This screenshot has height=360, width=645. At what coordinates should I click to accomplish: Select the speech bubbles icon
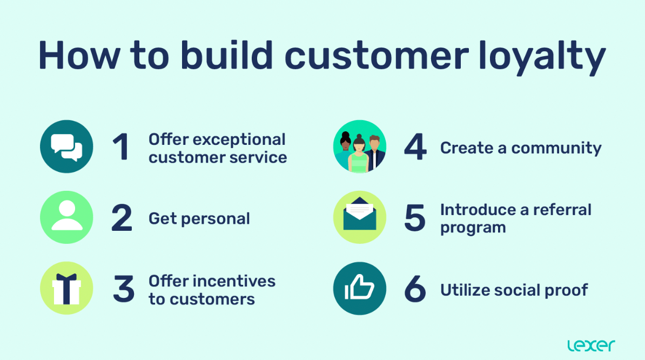click(x=66, y=146)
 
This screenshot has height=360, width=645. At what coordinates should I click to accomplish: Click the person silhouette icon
click(x=66, y=217)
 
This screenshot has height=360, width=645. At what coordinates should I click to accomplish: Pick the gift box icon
click(x=66, y=289)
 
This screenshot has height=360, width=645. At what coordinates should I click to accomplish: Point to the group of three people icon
click(x=359, y=147)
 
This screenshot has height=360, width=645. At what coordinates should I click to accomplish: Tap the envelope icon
click(x=359, y=217)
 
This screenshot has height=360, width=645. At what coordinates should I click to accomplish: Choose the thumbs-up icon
click(x=359, y=289)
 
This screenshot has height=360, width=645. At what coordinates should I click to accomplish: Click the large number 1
click(x=122, y=147)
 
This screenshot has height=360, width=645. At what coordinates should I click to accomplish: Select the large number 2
click(x=122, y=218)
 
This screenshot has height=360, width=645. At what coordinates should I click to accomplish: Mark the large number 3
click(x=123, y=289)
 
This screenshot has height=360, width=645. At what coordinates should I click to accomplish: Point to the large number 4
click(x=415, y=147)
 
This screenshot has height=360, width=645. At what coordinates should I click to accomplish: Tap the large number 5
click(x=415, y=218)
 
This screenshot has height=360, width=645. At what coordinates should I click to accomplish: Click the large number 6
click(x=415, y=289)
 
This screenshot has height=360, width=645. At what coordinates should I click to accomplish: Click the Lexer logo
click(x=591, y=345)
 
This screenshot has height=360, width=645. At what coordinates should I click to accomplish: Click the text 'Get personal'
click(x=199, y=218)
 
